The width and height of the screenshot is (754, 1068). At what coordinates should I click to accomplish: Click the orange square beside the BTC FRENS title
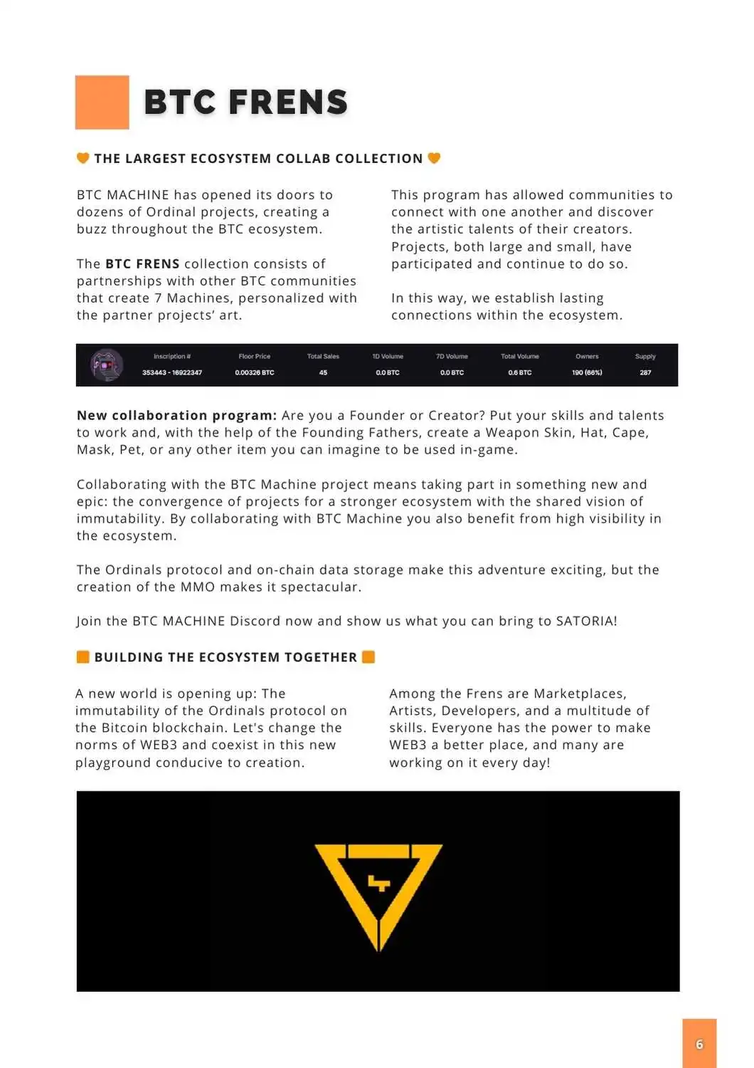coord(102,102)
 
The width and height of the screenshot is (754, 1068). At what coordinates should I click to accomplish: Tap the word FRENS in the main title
coord(288,103)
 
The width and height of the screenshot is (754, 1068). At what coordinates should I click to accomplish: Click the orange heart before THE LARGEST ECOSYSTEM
coord(83,158)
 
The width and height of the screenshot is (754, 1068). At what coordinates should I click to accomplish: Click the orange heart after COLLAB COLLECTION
coord(434,158)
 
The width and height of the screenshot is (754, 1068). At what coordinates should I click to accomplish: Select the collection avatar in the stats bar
coord(107,365)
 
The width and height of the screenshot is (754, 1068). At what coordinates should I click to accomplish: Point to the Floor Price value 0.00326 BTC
coord(254,372)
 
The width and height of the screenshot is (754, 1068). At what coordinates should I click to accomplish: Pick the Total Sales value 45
coord(323,372)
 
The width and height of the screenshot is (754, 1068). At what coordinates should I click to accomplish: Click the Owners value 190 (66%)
coord(587,372)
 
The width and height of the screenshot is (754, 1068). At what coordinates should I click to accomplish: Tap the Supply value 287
coord(645,372)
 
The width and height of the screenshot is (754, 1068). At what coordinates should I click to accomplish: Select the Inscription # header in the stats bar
coord(172,356)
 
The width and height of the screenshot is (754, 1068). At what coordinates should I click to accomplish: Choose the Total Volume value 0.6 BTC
coord(519,372)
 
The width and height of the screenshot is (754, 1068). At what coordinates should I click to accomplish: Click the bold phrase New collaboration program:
coord(176,415)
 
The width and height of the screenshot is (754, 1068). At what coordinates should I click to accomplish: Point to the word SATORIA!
coord(586,621)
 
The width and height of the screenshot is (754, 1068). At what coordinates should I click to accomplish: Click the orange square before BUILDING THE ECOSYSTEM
coord(83,656)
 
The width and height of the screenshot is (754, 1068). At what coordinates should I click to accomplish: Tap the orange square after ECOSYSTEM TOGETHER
coord(368,656)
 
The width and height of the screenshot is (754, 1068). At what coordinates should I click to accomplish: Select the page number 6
coord(699,1044)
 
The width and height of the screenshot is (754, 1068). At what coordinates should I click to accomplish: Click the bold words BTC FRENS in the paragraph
coord(142,263)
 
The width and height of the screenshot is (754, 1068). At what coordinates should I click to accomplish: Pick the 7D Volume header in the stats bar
coord(452,356)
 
